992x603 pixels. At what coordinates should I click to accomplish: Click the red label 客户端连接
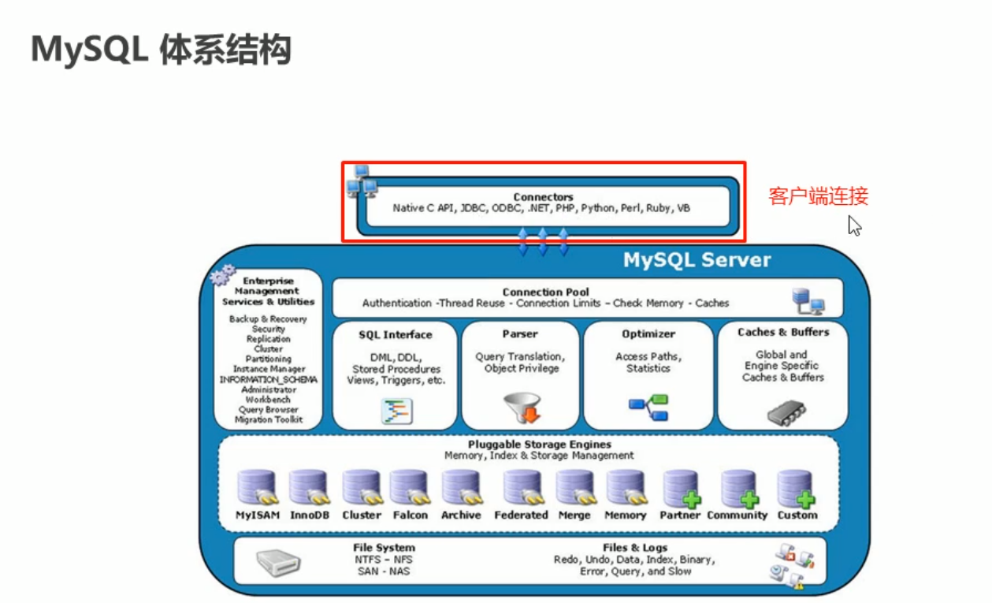coord(818,196)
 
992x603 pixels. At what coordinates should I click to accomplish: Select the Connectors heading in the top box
coord(543,197)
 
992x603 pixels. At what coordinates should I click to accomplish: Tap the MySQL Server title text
coord(697,260)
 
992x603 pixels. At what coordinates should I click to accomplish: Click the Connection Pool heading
coord(545,292)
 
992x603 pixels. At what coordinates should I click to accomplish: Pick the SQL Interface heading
coord(396,334)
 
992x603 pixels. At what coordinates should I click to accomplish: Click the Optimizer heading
coord(648,334)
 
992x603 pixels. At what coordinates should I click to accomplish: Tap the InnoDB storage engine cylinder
coord(307,488)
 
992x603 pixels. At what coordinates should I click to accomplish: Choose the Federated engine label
coord(521,516)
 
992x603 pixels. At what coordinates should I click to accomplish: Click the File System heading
coord(384,548)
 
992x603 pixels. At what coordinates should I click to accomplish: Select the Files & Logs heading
coord(634,548)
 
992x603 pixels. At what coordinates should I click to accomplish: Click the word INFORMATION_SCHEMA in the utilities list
coord(269,380)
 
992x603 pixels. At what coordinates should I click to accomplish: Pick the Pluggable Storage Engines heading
coord(539,445)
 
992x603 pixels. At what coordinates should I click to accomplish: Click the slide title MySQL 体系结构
coord(161,50)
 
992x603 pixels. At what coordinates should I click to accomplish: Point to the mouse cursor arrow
coord(853,225)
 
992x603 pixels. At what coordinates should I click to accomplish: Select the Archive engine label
coord(461,516)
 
